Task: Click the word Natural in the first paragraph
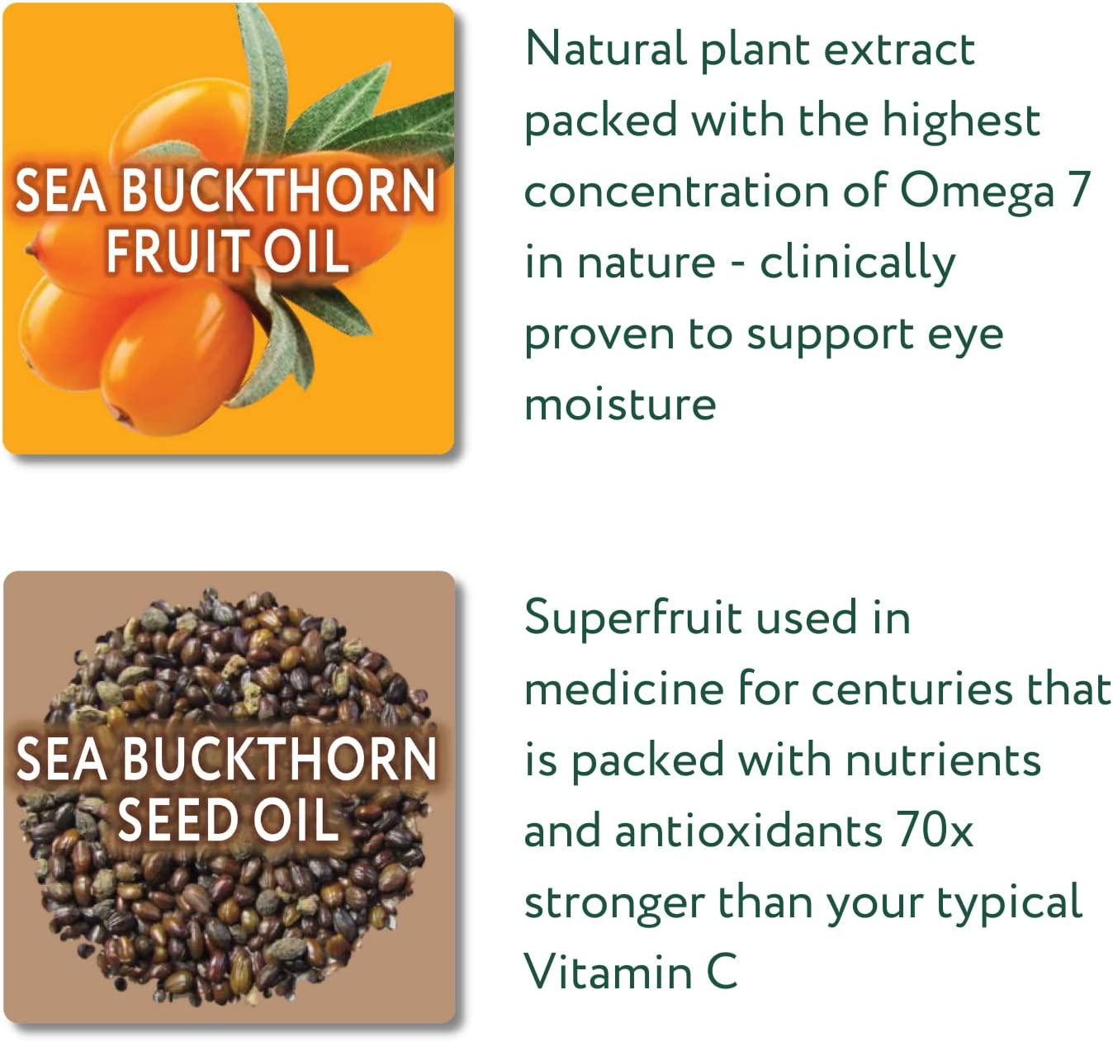tap(604, 49)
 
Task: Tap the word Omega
tap(977, 192)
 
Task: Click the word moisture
tap(620, 405)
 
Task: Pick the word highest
tap(961, 121)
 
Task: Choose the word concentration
tap(676, 192)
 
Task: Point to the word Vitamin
tap(608, 972)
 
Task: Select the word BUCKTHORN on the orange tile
tap(279, 191)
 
